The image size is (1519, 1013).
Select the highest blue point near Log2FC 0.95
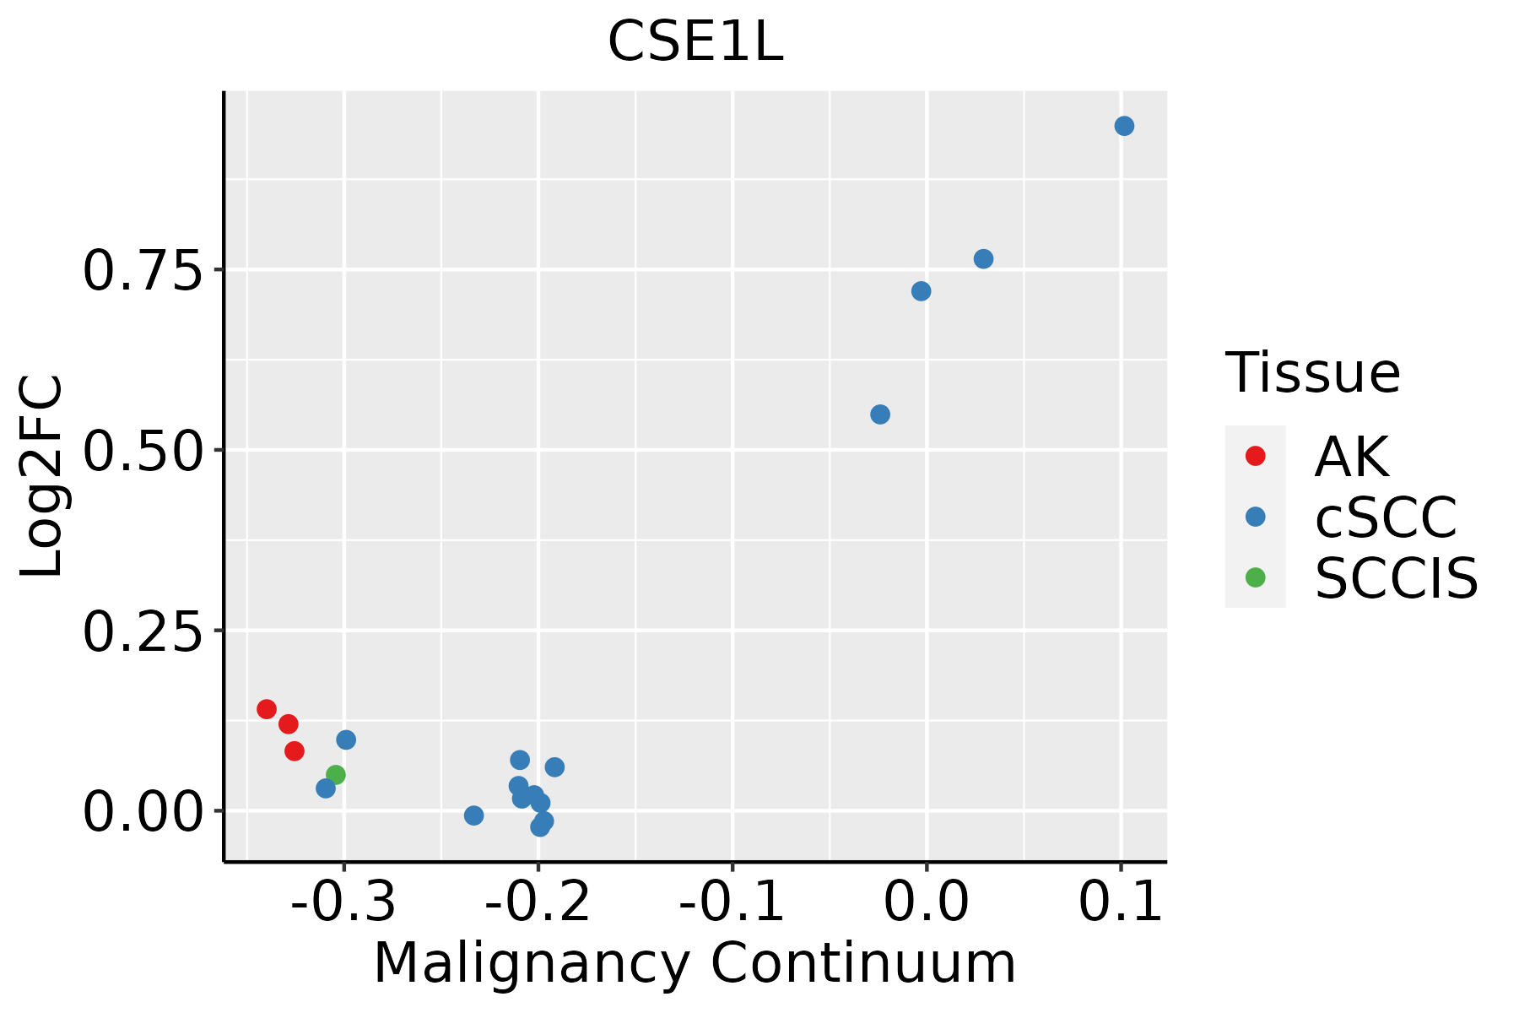pos(1124,126)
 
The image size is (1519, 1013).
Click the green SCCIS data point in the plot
pos(336,774)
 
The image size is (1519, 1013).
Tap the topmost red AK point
pos(267,709)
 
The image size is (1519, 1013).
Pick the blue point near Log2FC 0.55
pos(880,414)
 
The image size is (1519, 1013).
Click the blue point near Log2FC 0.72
pos(922,291)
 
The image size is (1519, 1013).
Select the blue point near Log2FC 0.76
pos(983,259)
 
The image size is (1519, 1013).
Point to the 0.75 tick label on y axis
pos(143,272)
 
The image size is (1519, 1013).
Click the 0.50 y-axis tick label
pos(143,452)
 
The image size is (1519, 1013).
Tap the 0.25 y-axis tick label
pos(143,632)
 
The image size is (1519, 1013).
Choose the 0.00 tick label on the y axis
pos(143,813)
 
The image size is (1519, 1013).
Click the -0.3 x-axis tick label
pos(343,902)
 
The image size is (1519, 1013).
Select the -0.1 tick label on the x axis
pos(732,902)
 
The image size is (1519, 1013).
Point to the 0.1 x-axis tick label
pos(1121,902)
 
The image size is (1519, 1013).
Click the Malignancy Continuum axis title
pos(695,963)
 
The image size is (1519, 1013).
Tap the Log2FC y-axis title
pos(42,476)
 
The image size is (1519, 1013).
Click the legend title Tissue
pos(1312,372)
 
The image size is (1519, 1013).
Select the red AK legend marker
pos(1255,456)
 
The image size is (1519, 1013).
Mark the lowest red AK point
pos(295,750)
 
